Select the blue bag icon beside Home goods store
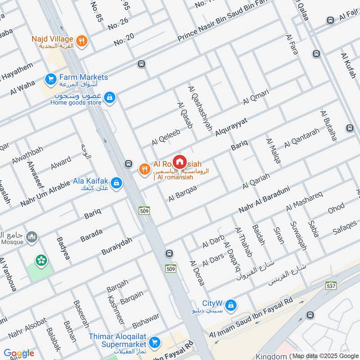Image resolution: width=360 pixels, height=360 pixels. click(109, 97)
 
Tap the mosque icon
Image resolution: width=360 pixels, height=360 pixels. click(32, 237)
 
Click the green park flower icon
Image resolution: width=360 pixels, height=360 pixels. click(41, 260)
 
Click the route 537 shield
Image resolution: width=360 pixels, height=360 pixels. click(331, 285)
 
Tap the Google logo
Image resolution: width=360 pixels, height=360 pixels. click(19, 353)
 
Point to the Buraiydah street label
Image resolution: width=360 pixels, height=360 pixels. click(117, 246)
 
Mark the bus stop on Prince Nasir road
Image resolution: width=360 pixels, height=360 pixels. click(142, 64)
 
